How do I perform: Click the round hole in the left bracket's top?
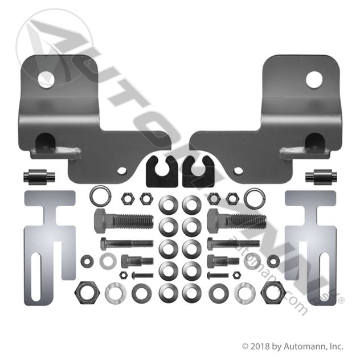pyautogui.click(x=47, y=79)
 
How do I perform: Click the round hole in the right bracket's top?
pyautogui.click(x=314, y=80)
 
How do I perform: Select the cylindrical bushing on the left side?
pyautogui.click(x=39, y=177)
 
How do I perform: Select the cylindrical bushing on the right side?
pyautogui.click(x=321, y=177)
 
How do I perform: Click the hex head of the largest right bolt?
pyautogui.click(x=216, y=221)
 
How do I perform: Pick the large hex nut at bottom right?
pyautogui.click(x=274, y=293)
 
